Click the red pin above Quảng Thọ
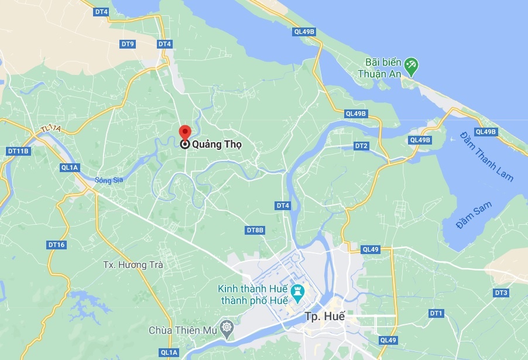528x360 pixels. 184,132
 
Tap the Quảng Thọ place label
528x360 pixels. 217,144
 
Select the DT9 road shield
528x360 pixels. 128,44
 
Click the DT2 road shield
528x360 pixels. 361,146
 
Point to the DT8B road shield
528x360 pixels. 255,230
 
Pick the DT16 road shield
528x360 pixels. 57,245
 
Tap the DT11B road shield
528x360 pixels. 18,151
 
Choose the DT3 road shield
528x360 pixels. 501,292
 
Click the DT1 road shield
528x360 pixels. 436,313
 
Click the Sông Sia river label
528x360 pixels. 109,180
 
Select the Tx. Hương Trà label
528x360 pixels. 133,265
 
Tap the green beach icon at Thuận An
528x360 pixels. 412,66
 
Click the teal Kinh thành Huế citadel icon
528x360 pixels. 298,290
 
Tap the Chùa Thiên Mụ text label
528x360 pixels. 183,331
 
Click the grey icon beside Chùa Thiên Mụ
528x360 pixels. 227,326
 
